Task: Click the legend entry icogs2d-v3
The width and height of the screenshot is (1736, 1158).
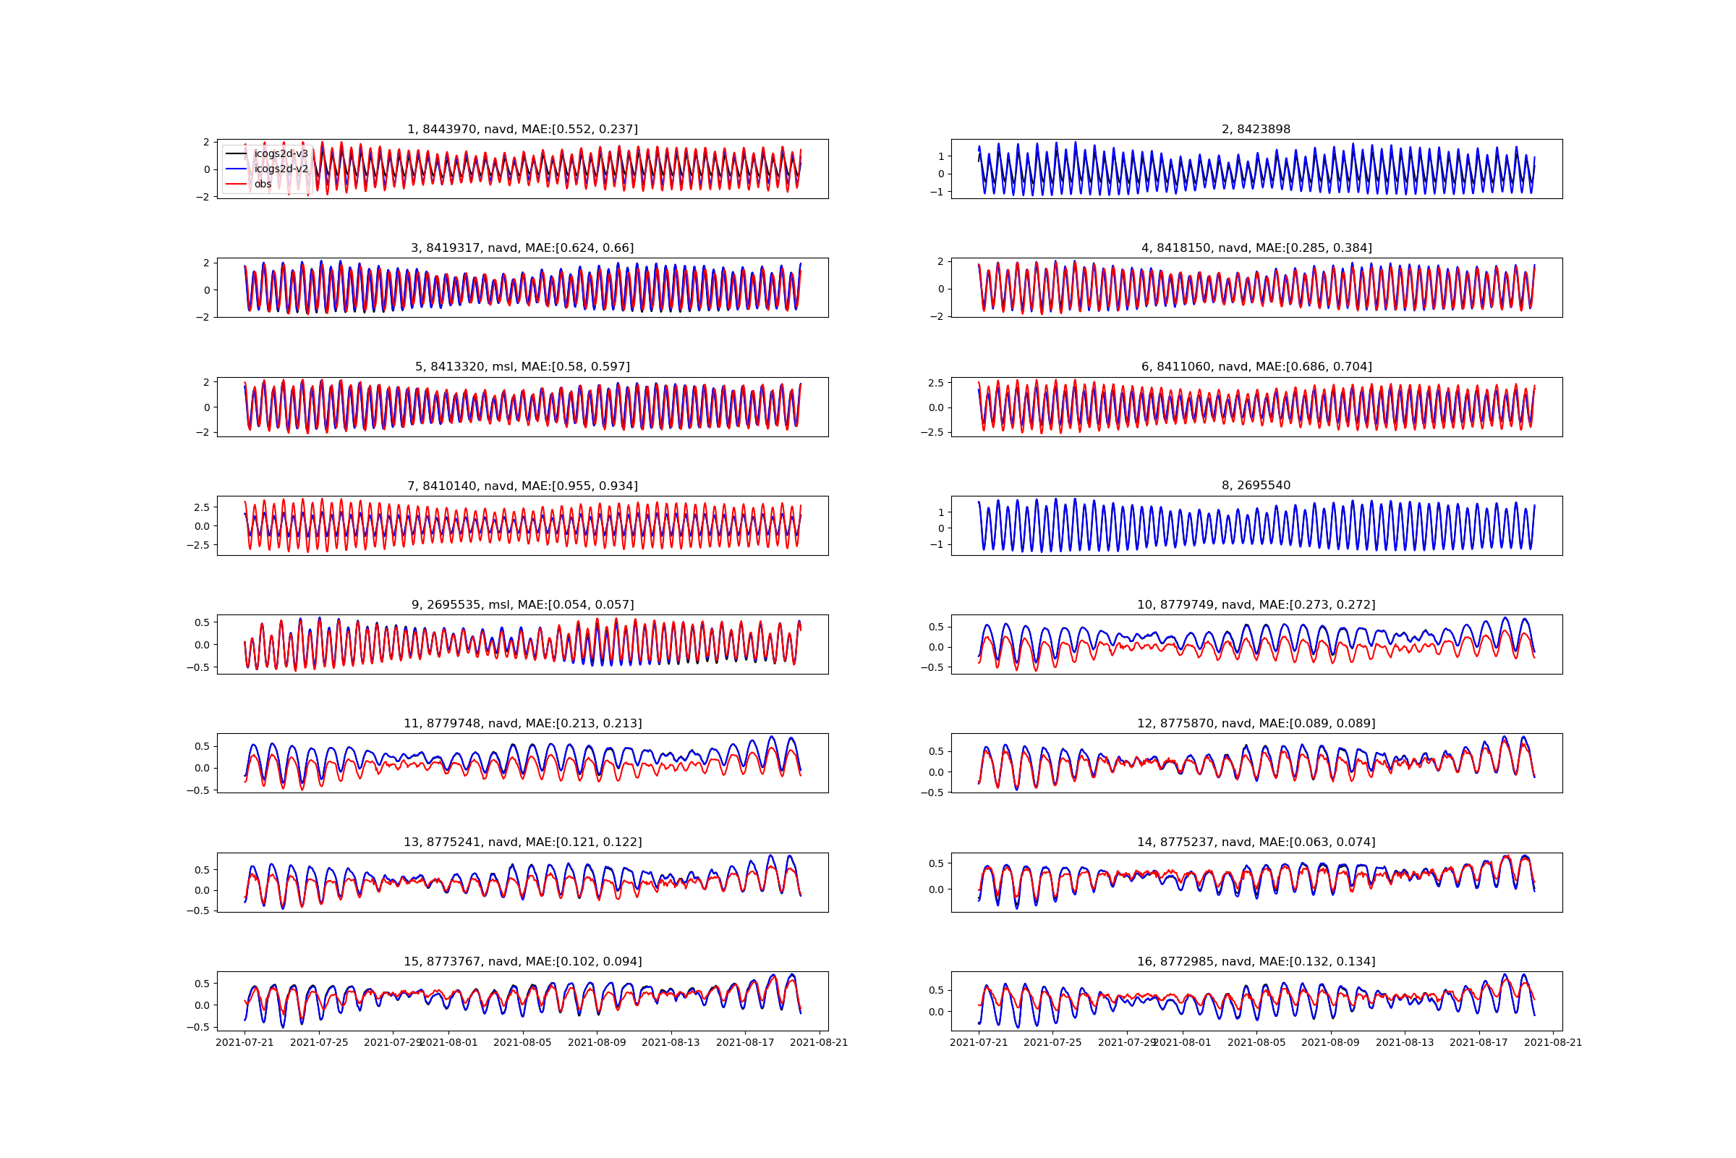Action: coord(281,153)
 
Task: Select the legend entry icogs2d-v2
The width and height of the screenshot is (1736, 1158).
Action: coord(281,169)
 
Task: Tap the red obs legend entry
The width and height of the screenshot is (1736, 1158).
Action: coord(263,185)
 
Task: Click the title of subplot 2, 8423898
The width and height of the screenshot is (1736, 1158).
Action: coord(1256,130)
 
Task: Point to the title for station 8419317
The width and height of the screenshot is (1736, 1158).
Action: coord(522,248)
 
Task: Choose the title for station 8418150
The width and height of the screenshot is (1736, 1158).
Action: coord(1256,248)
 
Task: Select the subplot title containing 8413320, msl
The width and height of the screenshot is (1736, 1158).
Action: coord(522,367)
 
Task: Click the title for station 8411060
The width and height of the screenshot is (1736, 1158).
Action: coord(1256,367)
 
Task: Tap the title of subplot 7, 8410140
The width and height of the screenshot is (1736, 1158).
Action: coord(522,486)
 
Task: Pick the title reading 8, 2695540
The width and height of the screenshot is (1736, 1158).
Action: coord(1256,485)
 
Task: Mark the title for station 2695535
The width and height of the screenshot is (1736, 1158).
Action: coord(522,605)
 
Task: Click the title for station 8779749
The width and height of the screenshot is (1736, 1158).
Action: coord(1256,605)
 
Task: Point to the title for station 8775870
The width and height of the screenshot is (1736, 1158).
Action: coord(1256,724)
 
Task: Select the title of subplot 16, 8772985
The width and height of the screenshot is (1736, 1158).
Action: coord(1256,962)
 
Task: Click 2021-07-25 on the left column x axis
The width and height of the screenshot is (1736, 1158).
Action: coord(319,1043)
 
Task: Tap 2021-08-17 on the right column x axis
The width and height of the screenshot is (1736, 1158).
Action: coord(1479,1043)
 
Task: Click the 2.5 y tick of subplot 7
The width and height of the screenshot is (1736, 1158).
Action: coord(202,507)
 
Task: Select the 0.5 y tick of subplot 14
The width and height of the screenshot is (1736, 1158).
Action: coord(936,863)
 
